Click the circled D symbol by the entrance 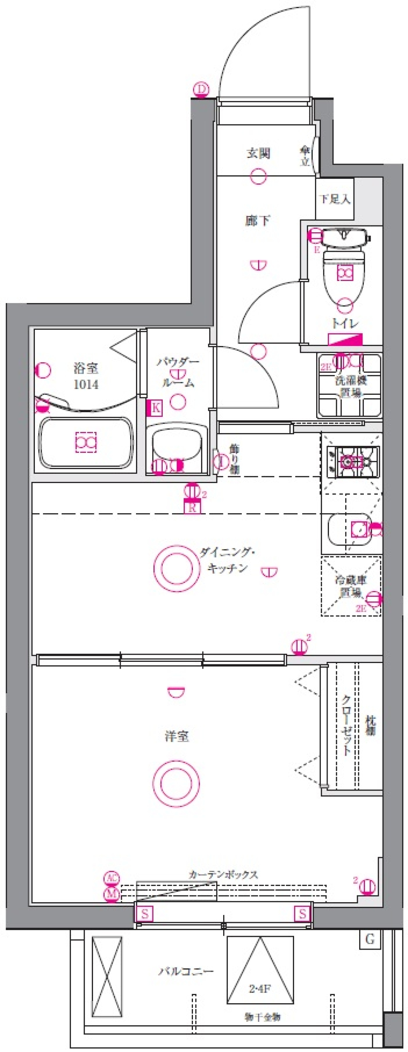pos(201,90)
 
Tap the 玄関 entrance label pos(258,153)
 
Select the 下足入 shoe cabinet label pos(334,199)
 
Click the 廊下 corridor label pos(258,220)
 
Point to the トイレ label pos(345,323)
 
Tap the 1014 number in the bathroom pos(86,385)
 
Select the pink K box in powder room pos(155,408)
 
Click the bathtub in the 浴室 pos(86,443)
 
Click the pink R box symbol pos(192,508)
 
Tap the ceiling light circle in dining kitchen pos(177,568)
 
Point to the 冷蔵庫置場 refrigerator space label pos(351,586)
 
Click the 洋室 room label pos(177,736)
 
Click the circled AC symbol pos(112,878)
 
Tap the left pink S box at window pos(144,914)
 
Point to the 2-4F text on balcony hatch pos(260,989)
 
